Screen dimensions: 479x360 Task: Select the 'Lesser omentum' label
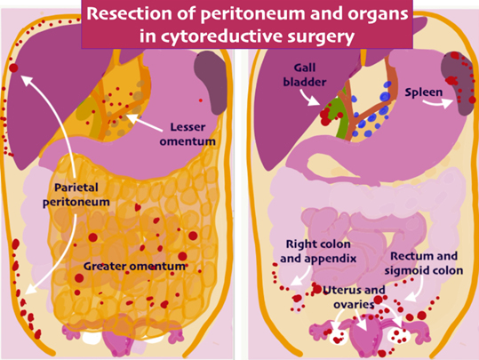[x=188, y=134]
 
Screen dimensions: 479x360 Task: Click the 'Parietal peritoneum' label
[x=76, y=195]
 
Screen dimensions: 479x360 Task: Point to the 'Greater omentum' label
[x=135, y=266]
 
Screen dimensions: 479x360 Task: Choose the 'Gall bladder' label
[x=305, y=75]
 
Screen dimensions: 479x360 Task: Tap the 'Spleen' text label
[x=423, y=92]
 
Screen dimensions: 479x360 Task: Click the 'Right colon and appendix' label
[x=318, y=252]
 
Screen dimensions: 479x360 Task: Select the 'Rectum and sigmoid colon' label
[x=424, y=263]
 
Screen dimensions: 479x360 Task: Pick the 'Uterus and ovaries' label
[x=354, y=297]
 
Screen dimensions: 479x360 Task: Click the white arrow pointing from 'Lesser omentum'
[x=144, y=123]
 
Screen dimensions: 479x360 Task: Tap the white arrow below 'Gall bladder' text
[x=308, y=98]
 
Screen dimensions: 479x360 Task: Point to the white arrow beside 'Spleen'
[x=437, y=103]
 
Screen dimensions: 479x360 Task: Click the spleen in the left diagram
[x=211, y=81]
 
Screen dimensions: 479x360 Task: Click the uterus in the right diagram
[x=367, y=334]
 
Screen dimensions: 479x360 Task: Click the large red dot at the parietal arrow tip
[x=13, y=68]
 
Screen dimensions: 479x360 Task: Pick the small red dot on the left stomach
[x=201, y=100]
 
